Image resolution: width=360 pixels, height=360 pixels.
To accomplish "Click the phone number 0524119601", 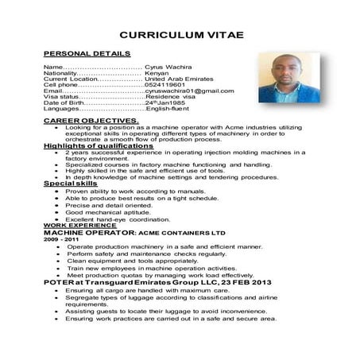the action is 164,85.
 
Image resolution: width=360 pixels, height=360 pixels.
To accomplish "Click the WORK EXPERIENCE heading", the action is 74,226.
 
